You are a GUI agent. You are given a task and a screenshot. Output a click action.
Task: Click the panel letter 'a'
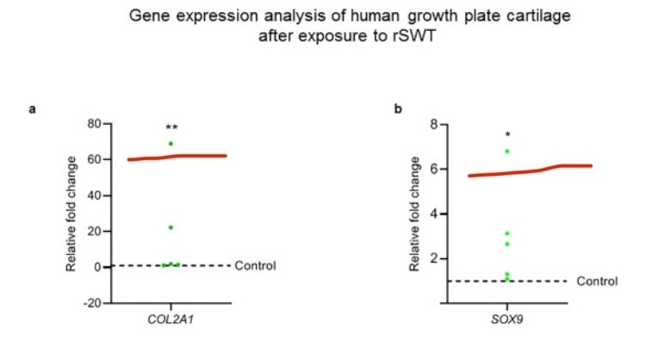32,109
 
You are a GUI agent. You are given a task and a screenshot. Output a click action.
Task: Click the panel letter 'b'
398,109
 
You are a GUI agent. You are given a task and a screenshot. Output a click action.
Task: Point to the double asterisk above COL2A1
171,127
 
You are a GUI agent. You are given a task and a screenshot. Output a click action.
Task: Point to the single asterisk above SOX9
508,135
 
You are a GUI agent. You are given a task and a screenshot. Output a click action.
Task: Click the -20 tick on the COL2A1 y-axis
90,303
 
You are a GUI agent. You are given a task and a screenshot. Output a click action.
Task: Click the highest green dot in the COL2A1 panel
171,144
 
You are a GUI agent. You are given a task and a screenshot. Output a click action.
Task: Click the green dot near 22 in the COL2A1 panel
171,227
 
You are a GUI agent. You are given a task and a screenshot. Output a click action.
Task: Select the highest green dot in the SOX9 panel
507,152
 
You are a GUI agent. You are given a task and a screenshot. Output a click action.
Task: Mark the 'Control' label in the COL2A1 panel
255,265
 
